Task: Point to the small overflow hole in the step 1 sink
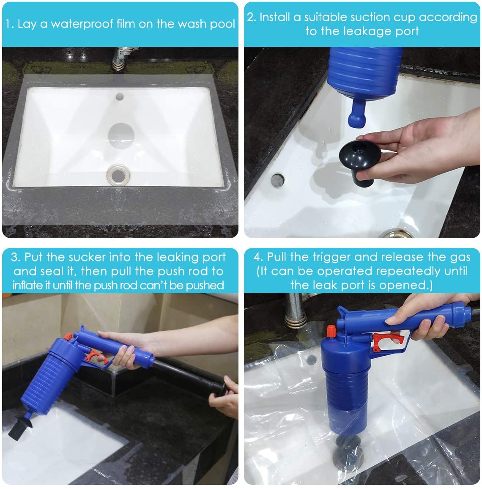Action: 120,96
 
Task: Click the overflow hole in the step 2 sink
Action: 277,180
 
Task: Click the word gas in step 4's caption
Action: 460,257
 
